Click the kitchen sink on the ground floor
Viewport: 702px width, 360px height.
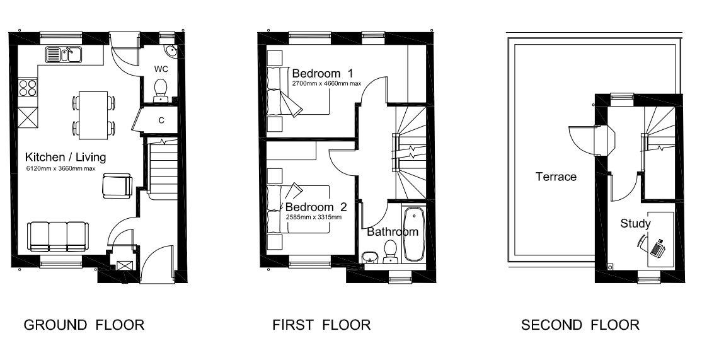pyautogui.click(x=63, y=54)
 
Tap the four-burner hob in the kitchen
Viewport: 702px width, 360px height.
pyautogui.click(x=27, y=87)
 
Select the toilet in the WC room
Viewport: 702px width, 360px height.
pyautogui.click(x=160, y=90)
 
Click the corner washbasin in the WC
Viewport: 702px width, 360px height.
pyautogui.click(x=170, y=51)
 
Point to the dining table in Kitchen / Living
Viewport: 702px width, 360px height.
pyautogui.click(x=93, y=115)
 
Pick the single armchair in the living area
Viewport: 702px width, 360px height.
pyautogui.click(x=117, y=185)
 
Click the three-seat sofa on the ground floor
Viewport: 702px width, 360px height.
pyautogui.click(x=57, y=236)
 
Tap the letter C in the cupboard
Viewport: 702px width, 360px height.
pyautogui.click(x=161, y=120)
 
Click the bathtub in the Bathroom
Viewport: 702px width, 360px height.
pyautogui.click(x=413, y=234)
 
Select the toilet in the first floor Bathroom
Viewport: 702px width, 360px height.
pyautogui.click(x=391, y=252)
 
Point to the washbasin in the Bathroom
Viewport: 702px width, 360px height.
pyautogui.click(x=369, y=257)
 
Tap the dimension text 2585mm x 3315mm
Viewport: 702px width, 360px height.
pyautogui.click(x=313, y=217)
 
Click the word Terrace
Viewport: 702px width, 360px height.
pyautogui.click(x=556, y=177)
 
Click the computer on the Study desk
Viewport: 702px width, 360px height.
pyautogui.click(x=657, y=248)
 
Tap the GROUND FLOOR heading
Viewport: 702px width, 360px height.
pyautogui.click(x=84, y=325)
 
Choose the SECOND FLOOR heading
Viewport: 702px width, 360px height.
pyautogui.click(x=580, y=325)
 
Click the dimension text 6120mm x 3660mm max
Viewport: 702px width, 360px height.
pyautogui.click(x=60, y=169)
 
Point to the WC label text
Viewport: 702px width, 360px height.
pyautogui.click(x=161, y=69)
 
